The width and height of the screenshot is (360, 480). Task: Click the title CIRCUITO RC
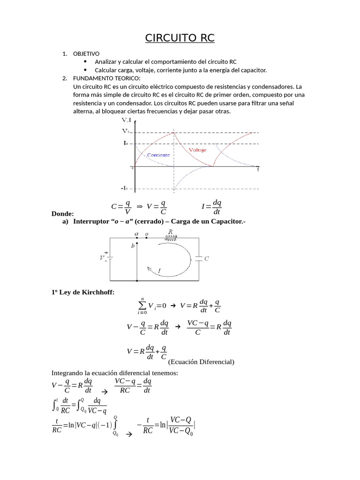click(x=180, y=38)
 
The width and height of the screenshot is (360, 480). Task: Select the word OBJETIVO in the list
click(x=87, y=54)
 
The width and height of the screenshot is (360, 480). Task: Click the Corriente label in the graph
click(x=158, y=155)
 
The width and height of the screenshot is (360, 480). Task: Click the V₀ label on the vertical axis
click(x=127, y=132)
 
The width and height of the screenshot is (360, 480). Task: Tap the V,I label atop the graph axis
click(x=127, y=120)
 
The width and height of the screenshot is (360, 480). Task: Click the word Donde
click(x=62, y=214)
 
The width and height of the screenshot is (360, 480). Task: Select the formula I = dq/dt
click(x=211, y=207)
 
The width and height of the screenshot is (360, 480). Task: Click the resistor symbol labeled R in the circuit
click(x=170, y=238)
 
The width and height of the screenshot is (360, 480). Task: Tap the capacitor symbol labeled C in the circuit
click(x=200, y=258)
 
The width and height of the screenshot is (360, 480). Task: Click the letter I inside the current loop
click(x=159, y=271)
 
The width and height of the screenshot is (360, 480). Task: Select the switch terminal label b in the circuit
click(x=133, y=246)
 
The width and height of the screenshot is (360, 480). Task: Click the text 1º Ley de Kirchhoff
click(x=82, y=292)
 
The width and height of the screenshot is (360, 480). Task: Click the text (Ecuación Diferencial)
click(x=201, y=361)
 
